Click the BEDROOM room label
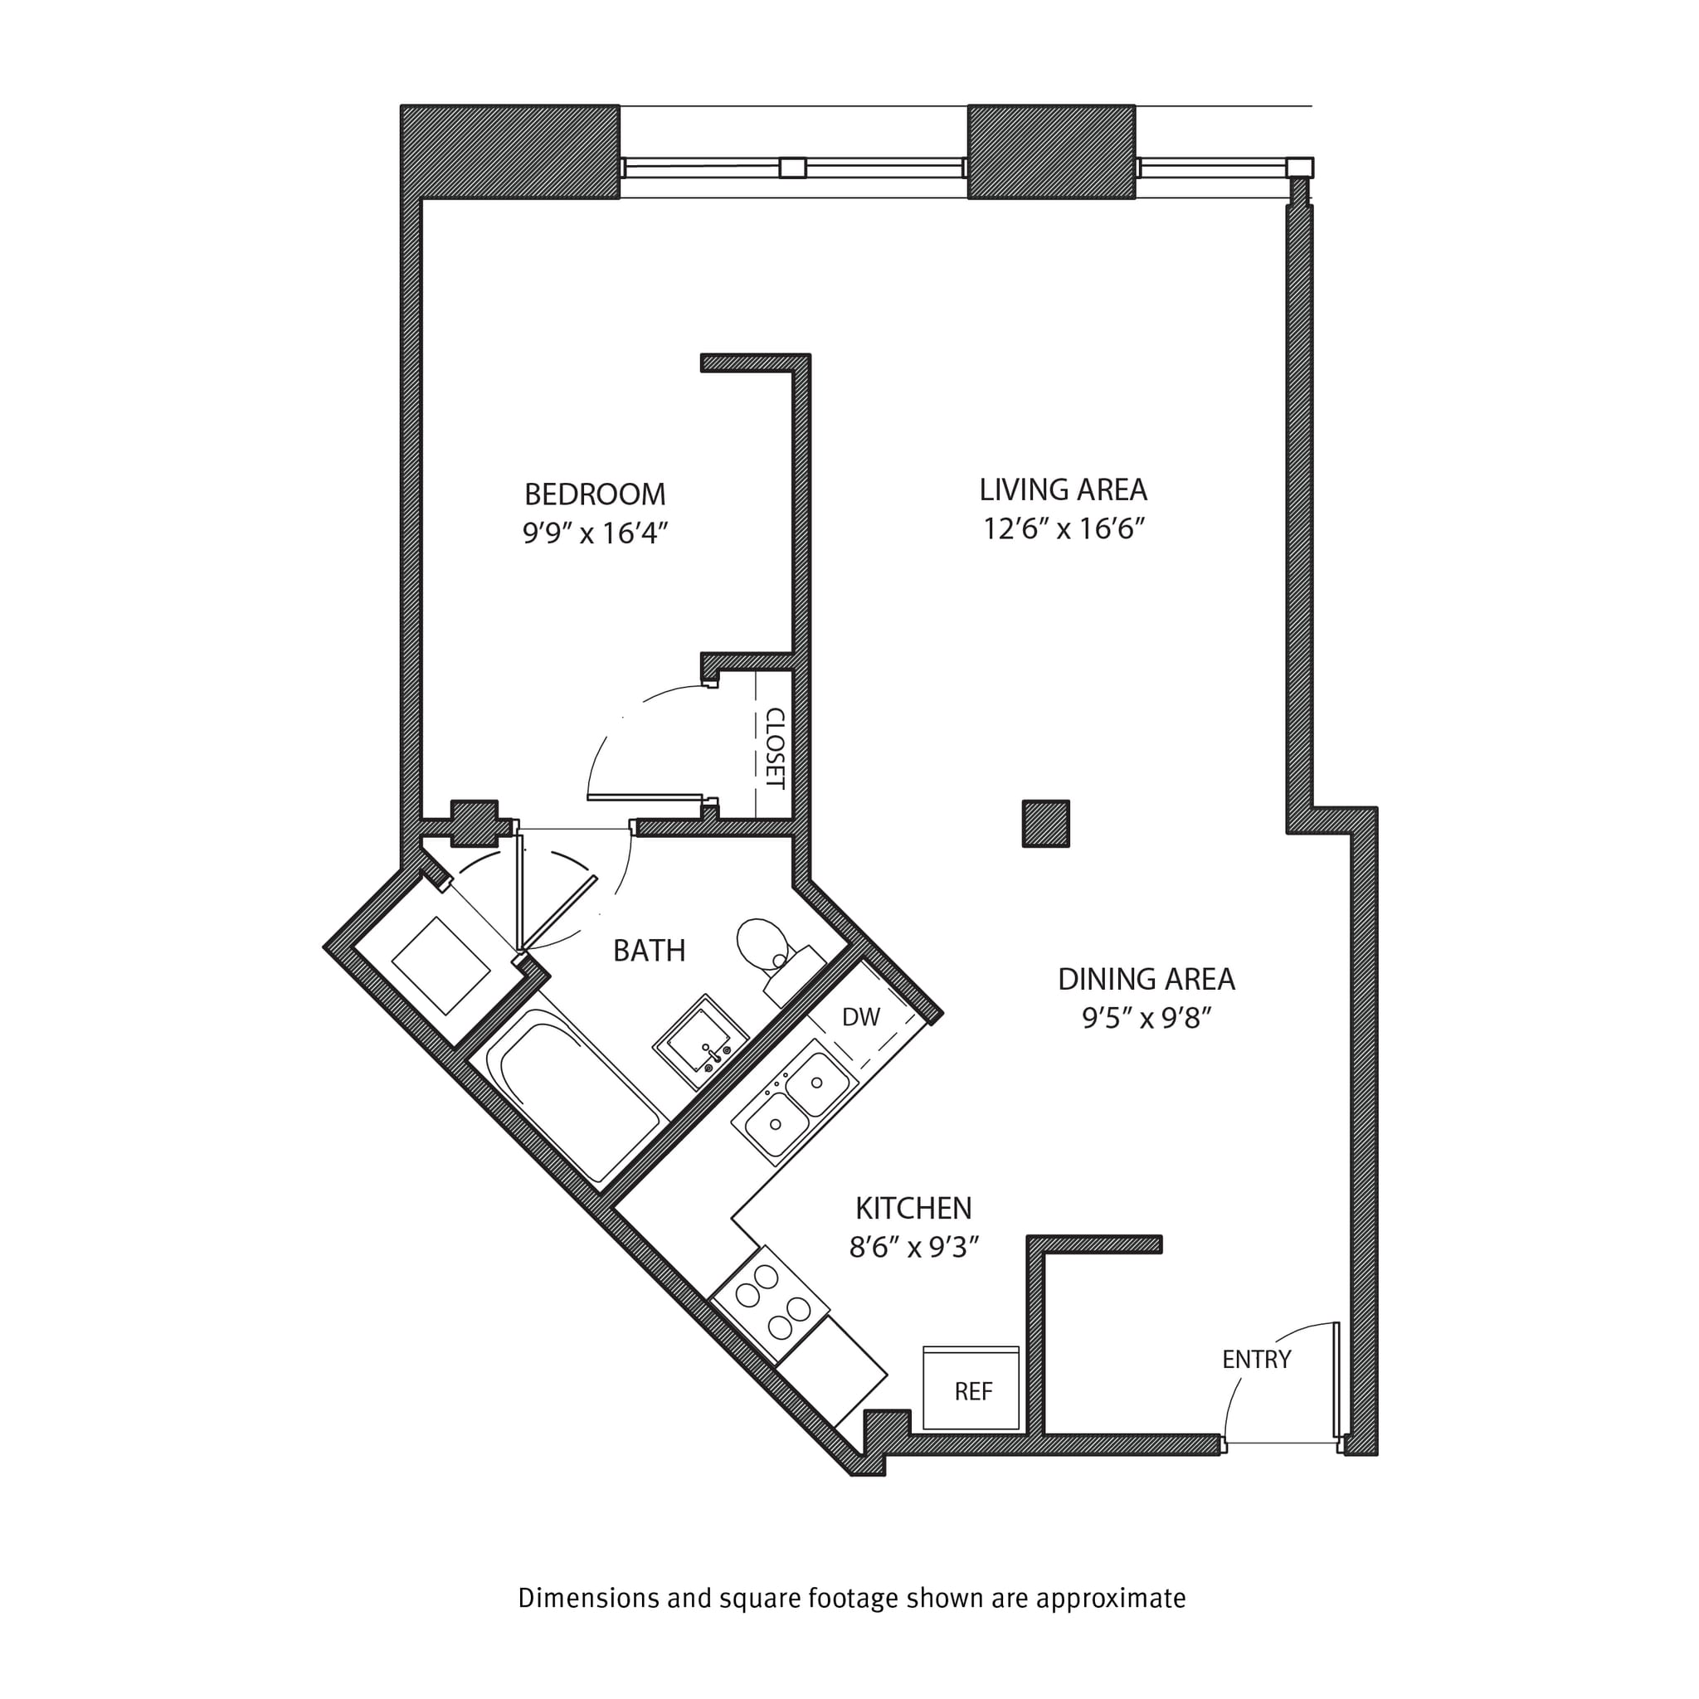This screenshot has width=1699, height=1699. coord(595,494)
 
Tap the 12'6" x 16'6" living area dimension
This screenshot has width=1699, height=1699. coord(1064,528)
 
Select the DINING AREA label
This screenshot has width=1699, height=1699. coord(1146,979)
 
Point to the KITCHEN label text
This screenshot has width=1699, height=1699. coord(913,1208)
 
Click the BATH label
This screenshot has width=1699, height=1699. coord(649,951)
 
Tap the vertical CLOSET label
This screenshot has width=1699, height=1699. coord(775,747)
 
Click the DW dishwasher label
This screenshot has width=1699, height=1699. coord(860,1016)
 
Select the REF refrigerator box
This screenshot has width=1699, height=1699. coord(971,1389)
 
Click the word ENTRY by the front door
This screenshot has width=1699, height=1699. coord(1256,1360)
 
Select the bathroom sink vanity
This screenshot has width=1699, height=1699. coord(700,1042)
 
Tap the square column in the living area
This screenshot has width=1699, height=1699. coord(1045,824)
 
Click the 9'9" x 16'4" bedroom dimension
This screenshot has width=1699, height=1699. coord(595,533)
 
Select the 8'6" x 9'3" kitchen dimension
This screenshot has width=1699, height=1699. coord(913,1247)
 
